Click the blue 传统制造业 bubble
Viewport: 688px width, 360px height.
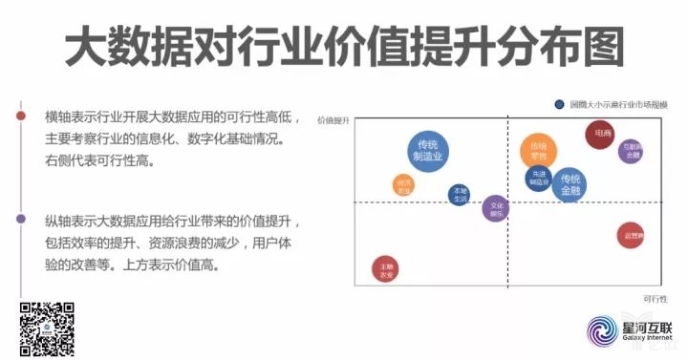pos(426,150)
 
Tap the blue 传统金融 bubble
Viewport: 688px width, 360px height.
pos(570,184)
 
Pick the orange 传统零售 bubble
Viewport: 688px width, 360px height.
pos(538,151)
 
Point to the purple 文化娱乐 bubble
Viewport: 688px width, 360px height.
pos(496,209)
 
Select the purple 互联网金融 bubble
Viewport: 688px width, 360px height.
pos(631,152)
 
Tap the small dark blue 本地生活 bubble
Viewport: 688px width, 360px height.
pos(460,195)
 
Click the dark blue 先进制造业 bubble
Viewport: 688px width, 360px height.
pos(539,178)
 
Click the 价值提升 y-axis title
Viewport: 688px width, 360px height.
pos(333,121)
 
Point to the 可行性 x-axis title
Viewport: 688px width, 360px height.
pos(654,299)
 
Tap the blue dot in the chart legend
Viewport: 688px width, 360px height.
pos(559,104)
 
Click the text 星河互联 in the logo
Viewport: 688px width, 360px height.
pos(650,327)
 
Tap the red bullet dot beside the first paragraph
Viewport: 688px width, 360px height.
pos(21,116)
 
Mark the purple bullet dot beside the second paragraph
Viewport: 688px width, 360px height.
pos(21,219)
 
